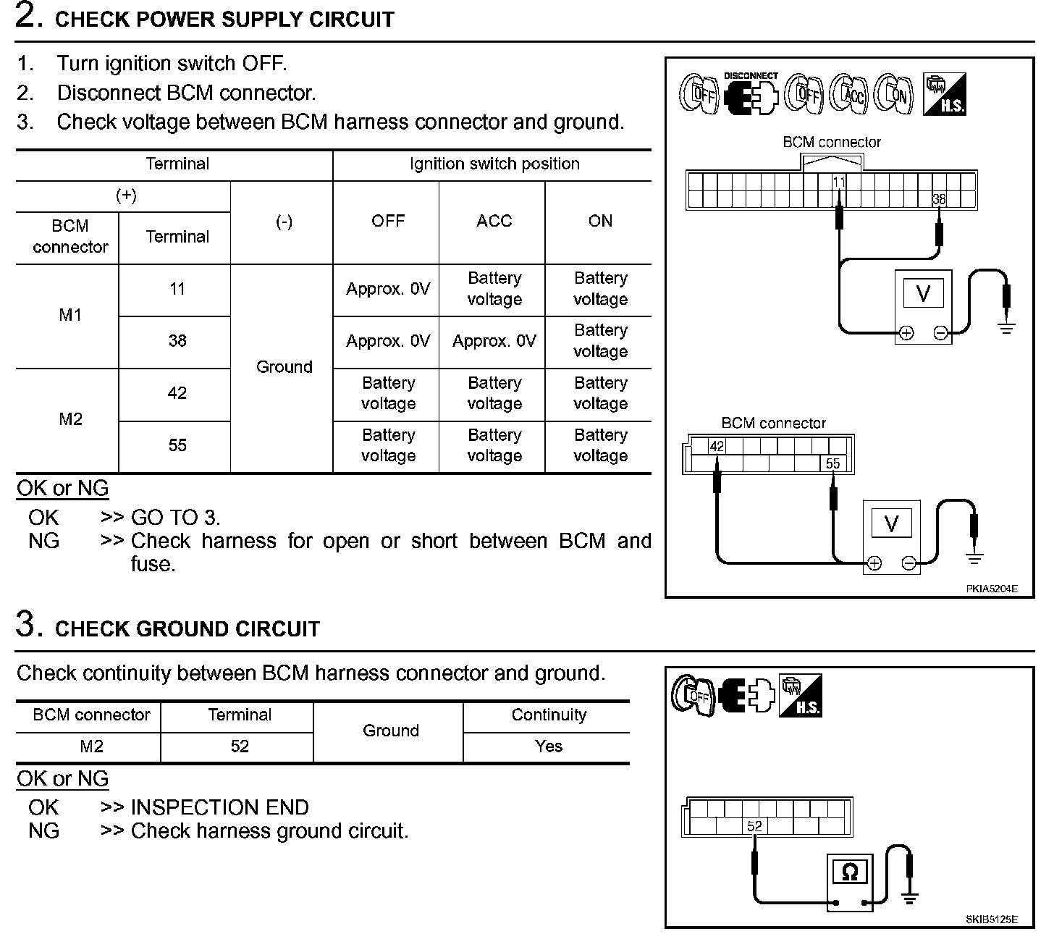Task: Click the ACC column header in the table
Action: point(494,221)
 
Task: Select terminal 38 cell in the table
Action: point(177,340)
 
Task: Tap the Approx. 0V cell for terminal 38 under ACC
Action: point(494,340)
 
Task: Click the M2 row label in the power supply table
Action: point(70,419)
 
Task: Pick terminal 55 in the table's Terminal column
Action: point(177,445)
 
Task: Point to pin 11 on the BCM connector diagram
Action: point(839,182)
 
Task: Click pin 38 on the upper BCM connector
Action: point(939,199)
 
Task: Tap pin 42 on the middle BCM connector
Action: point(717,446)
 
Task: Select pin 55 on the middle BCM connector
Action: point(833,463)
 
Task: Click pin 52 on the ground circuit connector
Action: point(754,826)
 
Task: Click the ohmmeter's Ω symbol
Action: point(850,872)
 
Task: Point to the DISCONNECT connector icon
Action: point(750,95)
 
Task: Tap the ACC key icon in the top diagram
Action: point(849,94)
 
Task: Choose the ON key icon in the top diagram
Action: point(893,94)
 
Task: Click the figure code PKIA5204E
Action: point(991,589)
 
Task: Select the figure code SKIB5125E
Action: point(991,920)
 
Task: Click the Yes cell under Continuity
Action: point(549,746)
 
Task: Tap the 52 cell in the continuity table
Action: point(240,746)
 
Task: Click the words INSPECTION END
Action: point(219,807)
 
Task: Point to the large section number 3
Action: point(26,624)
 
